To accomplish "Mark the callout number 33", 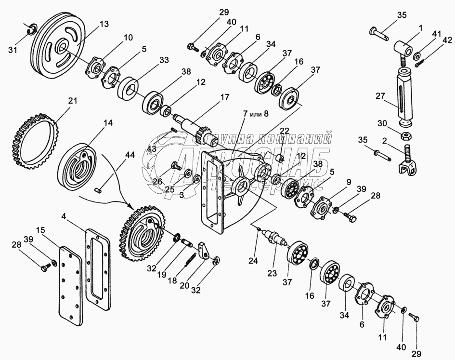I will tap(165, 61).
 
